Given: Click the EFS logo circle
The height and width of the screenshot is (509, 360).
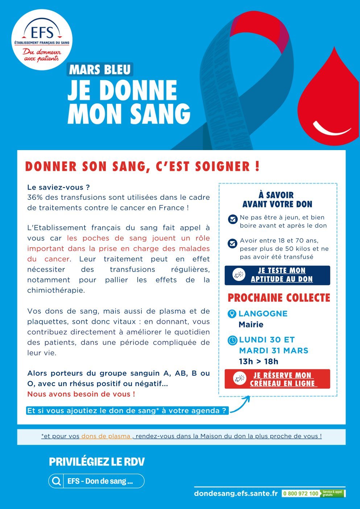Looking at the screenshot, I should point(42,40).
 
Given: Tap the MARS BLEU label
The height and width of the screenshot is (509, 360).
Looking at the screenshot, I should point(100,69).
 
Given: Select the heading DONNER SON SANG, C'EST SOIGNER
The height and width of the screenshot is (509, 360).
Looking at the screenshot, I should point(142,166).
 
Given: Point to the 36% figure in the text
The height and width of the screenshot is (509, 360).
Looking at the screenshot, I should point(34,198).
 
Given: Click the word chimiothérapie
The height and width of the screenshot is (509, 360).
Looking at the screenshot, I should point(56,290).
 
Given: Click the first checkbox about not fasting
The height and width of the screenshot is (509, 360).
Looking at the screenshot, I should point(232,219).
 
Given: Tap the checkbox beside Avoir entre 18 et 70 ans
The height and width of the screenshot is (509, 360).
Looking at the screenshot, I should point(232,243).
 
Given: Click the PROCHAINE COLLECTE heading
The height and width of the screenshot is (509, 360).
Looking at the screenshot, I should point(279,298).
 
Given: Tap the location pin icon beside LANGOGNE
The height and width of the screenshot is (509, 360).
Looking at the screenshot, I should point(232,314).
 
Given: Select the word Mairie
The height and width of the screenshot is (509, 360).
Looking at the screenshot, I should point(251,324).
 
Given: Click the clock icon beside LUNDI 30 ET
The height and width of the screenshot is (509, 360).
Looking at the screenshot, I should point(232,340).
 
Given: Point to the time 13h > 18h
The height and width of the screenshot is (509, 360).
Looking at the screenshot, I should point(258,361).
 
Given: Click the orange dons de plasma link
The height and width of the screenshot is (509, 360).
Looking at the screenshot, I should point(106,436).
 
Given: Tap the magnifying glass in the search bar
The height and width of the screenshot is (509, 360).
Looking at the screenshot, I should point(57,481).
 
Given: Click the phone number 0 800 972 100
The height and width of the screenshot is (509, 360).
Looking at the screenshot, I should point(301,493).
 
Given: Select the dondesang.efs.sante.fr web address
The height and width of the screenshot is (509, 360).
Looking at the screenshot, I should point(236,493).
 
